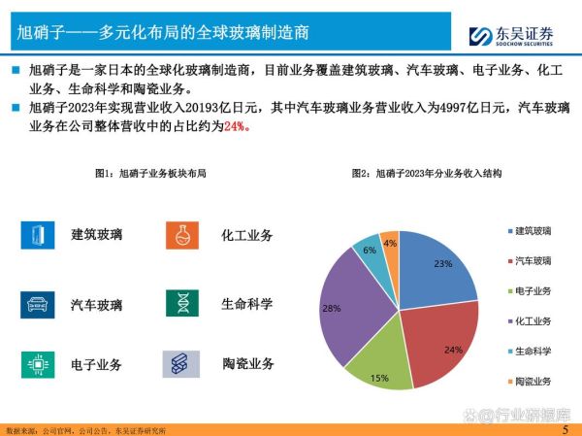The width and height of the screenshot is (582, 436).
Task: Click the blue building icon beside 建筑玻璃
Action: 37,235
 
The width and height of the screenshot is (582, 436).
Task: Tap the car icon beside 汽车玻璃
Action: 37,304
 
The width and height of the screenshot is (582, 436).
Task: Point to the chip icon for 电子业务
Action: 37,364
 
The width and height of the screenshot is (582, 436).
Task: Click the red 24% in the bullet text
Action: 236,126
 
